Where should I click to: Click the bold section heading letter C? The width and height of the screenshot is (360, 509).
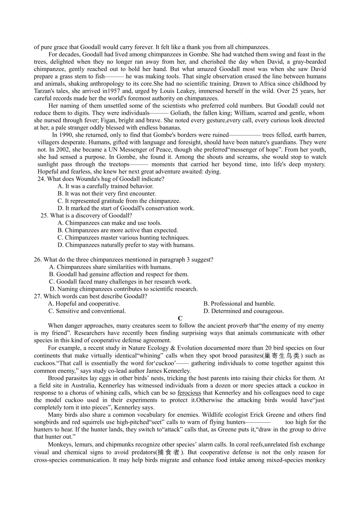(x=180, y=318)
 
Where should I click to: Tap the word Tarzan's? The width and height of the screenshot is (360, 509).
(x=46, y=91)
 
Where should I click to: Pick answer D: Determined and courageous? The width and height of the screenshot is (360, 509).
(x=243, y=311)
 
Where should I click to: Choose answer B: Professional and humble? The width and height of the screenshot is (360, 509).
(x=239, y=304)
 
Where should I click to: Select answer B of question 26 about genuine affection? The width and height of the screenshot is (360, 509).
(x=119, y=274)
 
